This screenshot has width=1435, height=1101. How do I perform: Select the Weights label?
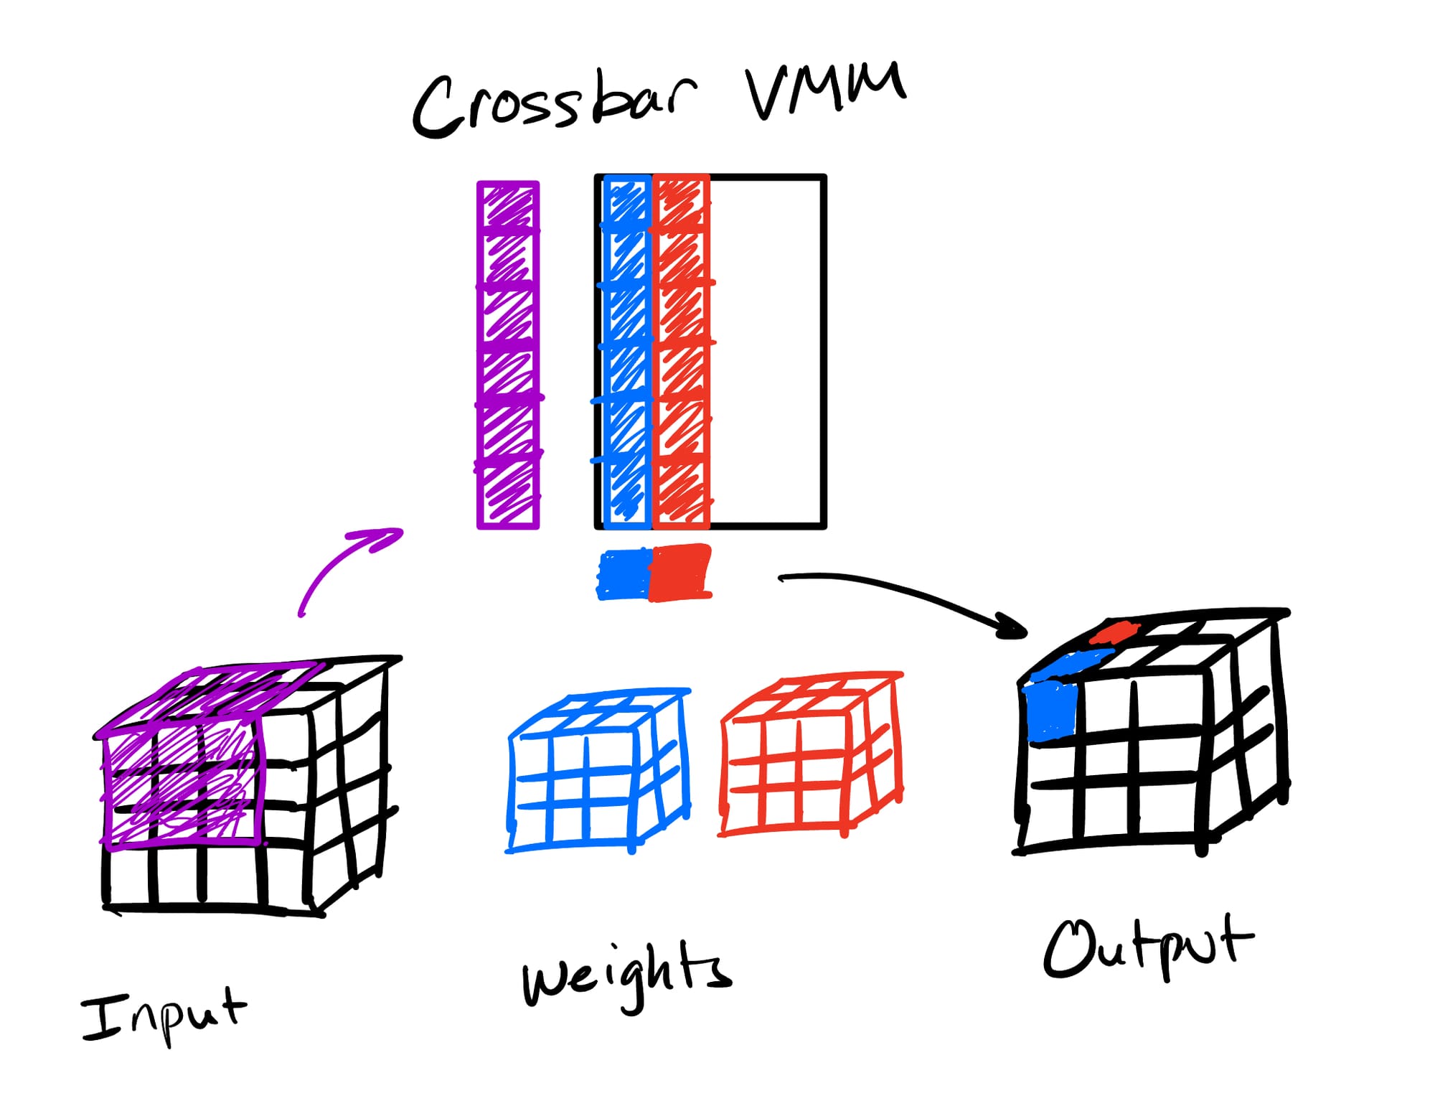[x=626, y=974]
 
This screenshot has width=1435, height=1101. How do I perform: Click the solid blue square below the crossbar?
[x=624, y=574]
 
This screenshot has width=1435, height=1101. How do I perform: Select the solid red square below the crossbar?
[x=680, y=573]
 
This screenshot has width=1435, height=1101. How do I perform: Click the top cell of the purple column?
[x=508, y=206]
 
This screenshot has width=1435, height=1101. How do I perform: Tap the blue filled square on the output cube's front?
[x=1051, y=711]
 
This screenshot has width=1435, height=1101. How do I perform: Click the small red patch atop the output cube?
[x=1114, y=632]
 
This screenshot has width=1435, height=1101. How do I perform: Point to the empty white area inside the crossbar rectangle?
[x=766, y=352]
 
